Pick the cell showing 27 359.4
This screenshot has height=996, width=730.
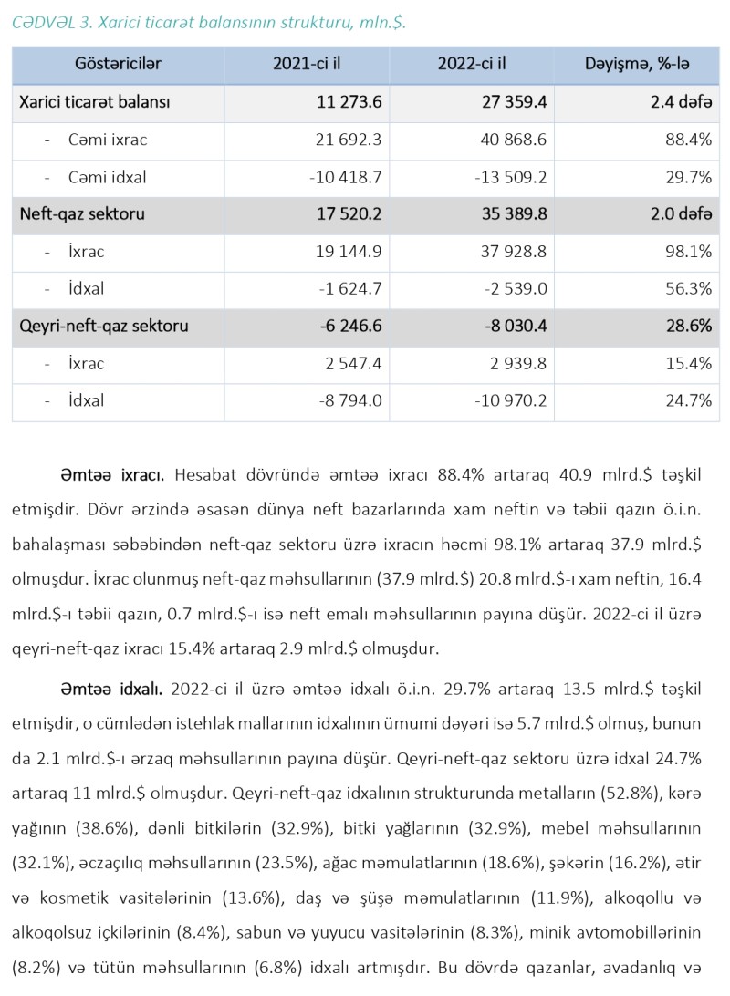pyautogui.click(x=512, y=102)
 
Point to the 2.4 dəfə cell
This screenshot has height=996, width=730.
pyautogui.click(x=681, y=102)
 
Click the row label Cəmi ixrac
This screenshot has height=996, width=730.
pyautogui.click(x=108, y=140)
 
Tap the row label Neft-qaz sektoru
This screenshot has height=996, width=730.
pyautogui.click(x=82, y=214)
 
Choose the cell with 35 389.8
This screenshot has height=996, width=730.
pyautogui.click(x=512, y=214)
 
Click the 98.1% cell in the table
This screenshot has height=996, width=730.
pyautogui.click(x=690, y=252)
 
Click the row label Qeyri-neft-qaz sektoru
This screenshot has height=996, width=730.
pyautogui.click(x=104, y=327)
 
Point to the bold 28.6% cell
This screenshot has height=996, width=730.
pyautogui.click(x=690, y=327)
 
